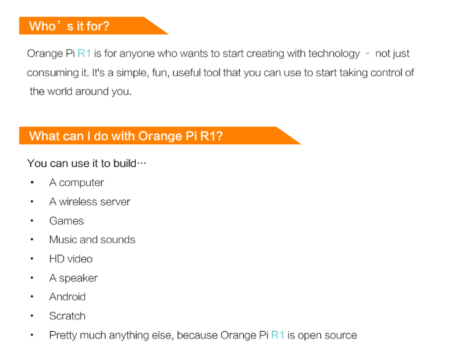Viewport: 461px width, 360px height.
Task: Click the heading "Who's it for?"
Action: click(x=69, y=26)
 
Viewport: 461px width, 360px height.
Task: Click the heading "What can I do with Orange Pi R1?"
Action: click(x=125, y=136)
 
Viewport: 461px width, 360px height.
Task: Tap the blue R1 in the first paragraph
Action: click(x=84, y=54)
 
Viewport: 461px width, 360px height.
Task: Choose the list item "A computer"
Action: click(x=76, y=182)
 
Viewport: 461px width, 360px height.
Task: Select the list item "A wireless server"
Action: click(x=90, y=202)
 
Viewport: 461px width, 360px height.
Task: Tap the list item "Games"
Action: click(x=66, y=221)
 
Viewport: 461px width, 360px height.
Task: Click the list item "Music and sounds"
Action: click(x=92, y=240)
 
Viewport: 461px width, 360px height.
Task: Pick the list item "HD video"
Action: click(x=71, y=259)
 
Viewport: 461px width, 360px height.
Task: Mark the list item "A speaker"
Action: click(x=73, y=278)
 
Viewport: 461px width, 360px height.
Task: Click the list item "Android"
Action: click(x=68, y=297)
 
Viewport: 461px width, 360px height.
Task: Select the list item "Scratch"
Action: click(x=67, y=316)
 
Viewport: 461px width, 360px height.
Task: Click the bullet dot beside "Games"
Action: click(x=32, y=221)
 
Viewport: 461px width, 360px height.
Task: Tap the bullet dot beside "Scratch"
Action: click(x=32, y=316)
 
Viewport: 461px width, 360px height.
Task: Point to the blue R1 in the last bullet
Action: click(x=278, y=335)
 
